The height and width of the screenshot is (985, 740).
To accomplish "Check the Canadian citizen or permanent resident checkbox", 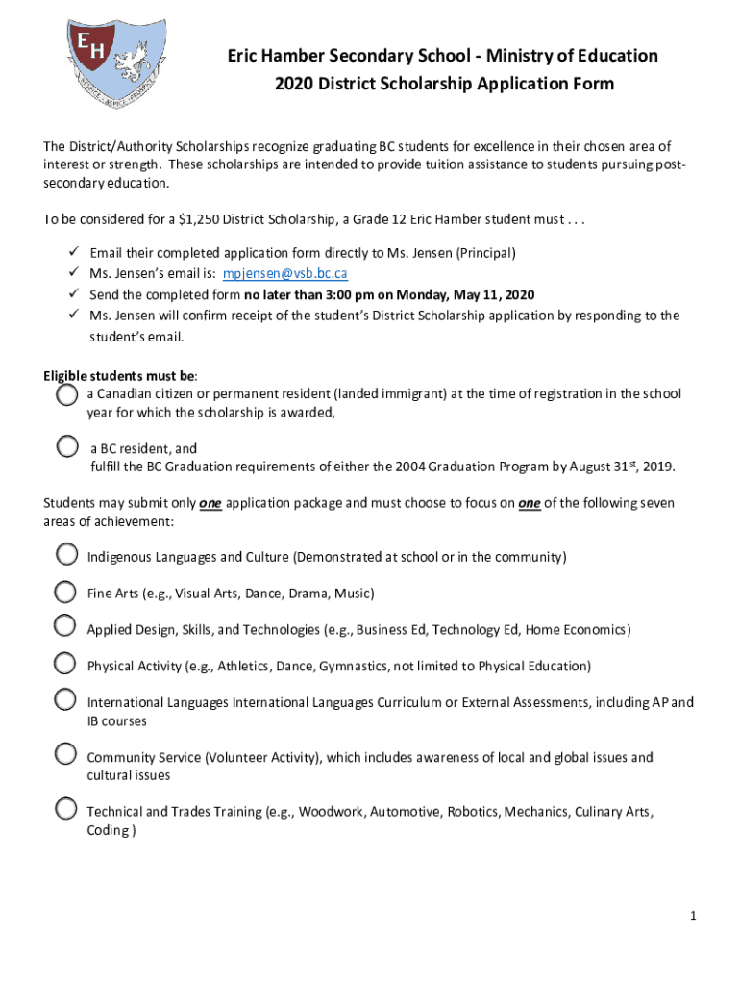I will point(66,394).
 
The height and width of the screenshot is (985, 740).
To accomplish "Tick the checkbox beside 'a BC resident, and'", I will point(66,446).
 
